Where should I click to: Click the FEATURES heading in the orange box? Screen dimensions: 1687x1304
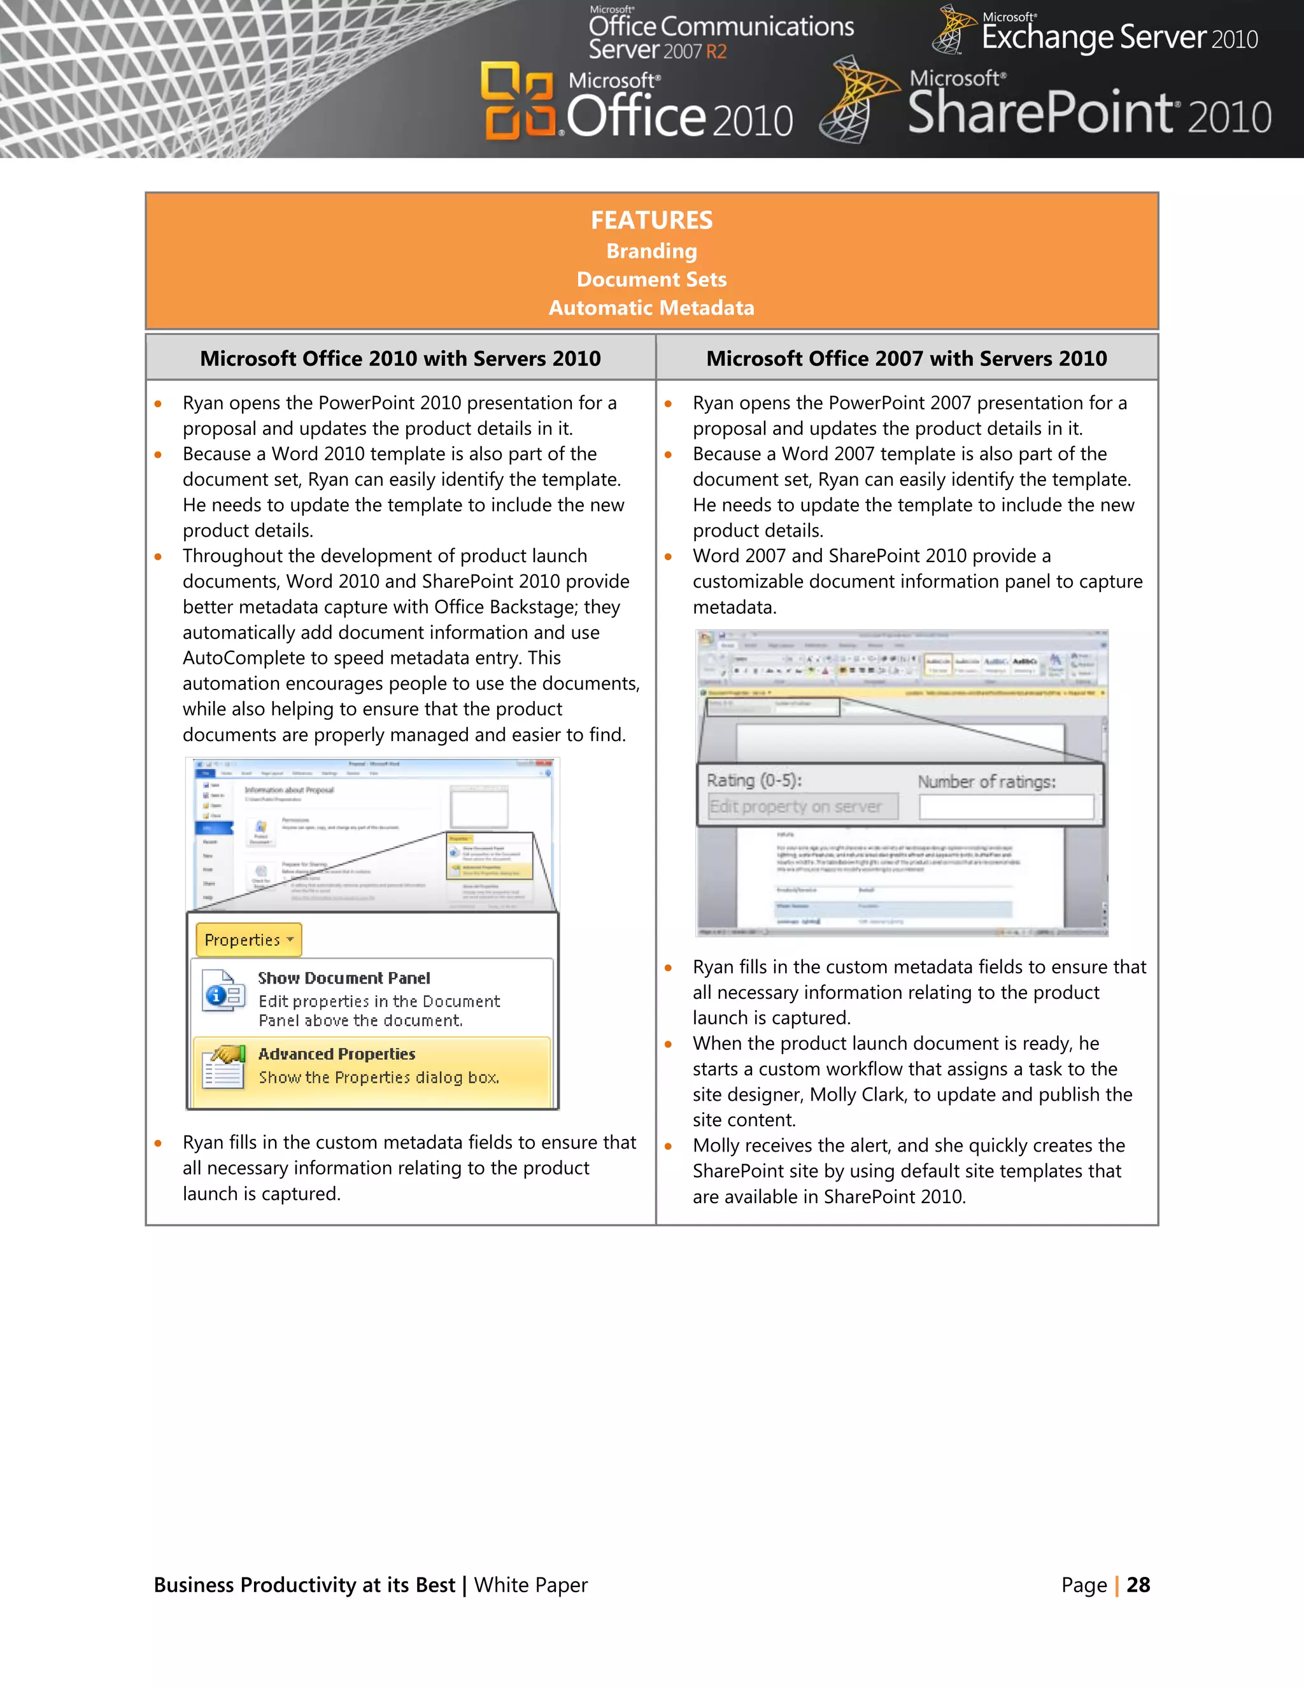tap(651, 220)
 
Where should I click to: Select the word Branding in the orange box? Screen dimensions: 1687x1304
tap(651, 251)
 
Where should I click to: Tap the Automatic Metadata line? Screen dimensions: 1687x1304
tap(651, 307)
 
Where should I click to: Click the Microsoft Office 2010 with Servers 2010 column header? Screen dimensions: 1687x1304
tap(400, 358)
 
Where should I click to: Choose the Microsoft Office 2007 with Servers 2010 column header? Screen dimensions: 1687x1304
tap(906, 358)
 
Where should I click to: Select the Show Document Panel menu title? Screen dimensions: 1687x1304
tap(344, 978)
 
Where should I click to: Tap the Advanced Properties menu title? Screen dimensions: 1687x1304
tap(337, 1054)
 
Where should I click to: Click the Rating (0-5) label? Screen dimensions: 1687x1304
tap(754, 780)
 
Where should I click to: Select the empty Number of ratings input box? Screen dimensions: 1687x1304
tap(1006, 807)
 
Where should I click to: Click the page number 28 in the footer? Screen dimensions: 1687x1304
tap(1138, 1585)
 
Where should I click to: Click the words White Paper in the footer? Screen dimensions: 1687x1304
tap(531, 1585)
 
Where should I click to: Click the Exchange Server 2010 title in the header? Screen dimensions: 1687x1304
tap(1119, 37)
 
